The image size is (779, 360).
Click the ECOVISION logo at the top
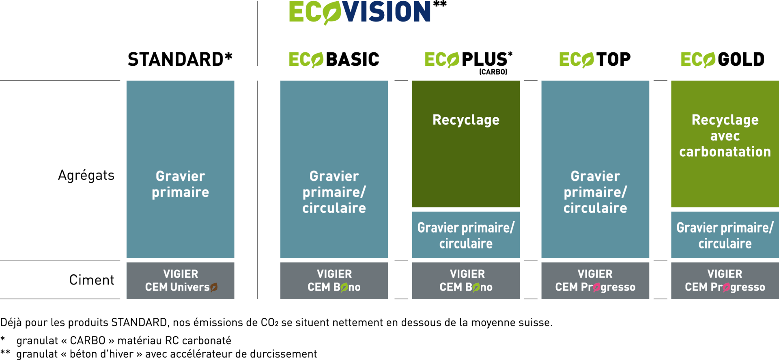tap(367, 12)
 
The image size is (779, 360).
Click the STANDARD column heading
tap(180, 59)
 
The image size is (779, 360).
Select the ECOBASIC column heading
tap(334, 60)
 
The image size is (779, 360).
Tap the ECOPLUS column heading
tap(468, 60)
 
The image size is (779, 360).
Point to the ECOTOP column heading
tap(595, 60)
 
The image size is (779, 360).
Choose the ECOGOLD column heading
tap(723, 60)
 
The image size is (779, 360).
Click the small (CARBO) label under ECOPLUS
tap(493, 72)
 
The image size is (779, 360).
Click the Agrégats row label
tap(86, 175)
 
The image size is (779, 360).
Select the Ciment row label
tap(92, 280)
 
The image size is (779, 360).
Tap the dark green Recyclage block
tap(466, 144)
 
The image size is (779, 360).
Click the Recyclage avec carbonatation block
tap(725, 144)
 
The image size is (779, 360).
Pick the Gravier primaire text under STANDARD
tap(181, 184)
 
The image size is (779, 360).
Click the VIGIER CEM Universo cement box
tap(181, 280)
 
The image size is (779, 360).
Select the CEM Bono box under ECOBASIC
tap(334, 280)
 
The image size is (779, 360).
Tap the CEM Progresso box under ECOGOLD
tap(725, 280)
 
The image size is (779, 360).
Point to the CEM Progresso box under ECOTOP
tap(595, 280)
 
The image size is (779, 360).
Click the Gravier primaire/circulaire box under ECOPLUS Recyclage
tap(466, 235)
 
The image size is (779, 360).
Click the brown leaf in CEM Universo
tap(214, 287)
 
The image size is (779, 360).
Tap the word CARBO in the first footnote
tap(88, 341)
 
